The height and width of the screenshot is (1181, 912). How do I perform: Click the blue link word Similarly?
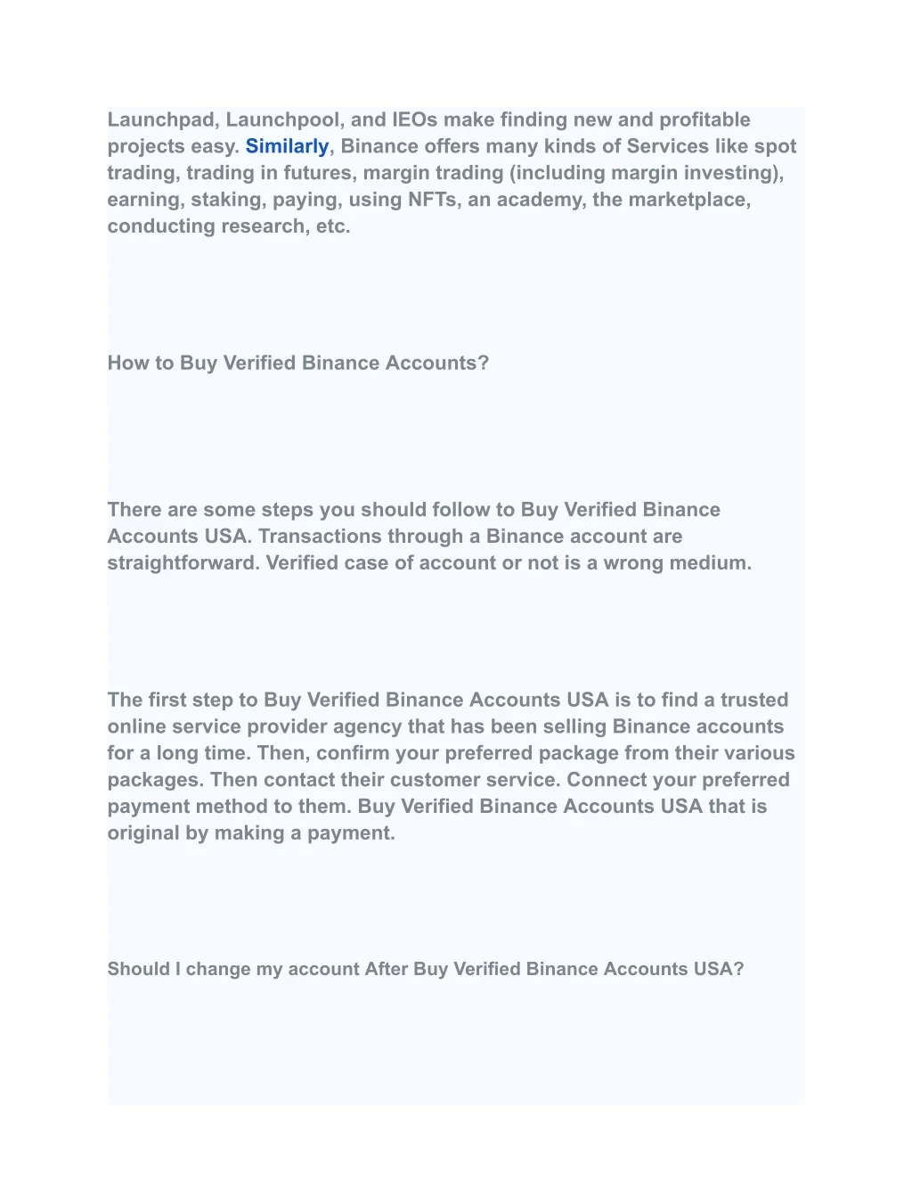(287, 146)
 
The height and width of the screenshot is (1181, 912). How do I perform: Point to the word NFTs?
(434, 200)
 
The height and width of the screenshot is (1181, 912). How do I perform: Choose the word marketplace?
(689, 200)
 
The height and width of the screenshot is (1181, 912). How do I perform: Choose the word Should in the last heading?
(138, 969)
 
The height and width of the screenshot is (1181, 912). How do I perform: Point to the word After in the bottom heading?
(386, 969)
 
